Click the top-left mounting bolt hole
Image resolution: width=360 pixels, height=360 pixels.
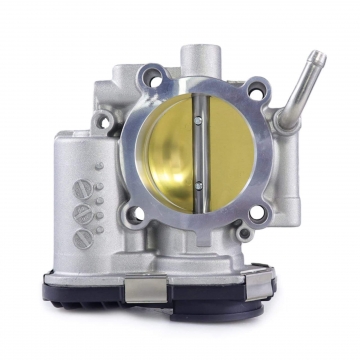[x=153, y=74]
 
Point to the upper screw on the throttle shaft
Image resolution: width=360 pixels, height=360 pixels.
[x=198, y=119]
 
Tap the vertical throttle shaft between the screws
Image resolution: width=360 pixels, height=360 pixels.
[x=198, y=153]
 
